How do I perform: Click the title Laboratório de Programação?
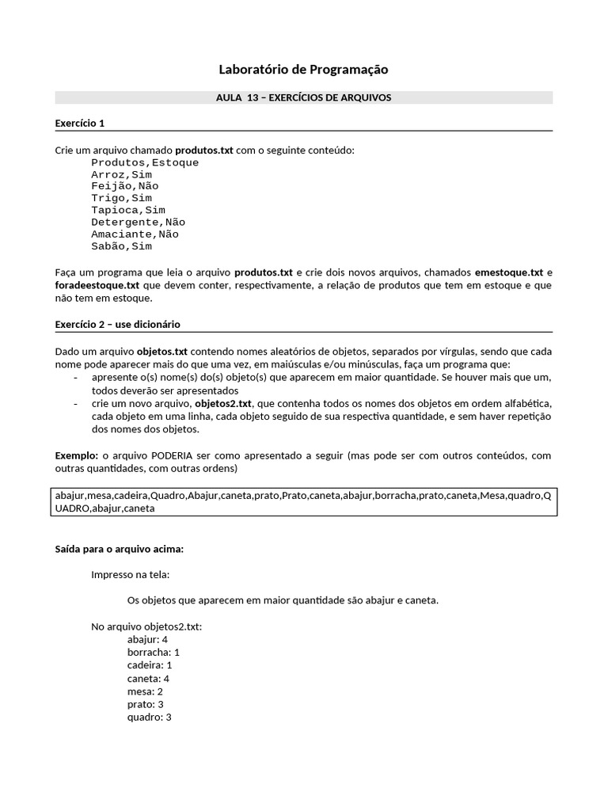pos(303,70)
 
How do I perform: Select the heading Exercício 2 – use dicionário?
pos(118,324)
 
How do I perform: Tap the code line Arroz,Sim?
pos(121,174)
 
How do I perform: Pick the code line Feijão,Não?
pos(124,186)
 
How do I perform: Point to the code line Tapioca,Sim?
pos(127,210)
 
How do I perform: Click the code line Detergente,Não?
pos(138,223)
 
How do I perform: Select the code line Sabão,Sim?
pos(121,246)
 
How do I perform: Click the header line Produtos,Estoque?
pos(145,162)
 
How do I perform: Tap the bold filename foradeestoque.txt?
pos(97,285)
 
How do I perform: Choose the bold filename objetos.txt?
pos(162,351)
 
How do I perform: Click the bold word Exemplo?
pos(77,455)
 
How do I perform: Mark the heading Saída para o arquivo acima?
pos(119,548)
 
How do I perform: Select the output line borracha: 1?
pos(153,652)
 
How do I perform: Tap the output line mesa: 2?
pos(145,691)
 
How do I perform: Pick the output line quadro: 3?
pos(149,717)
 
